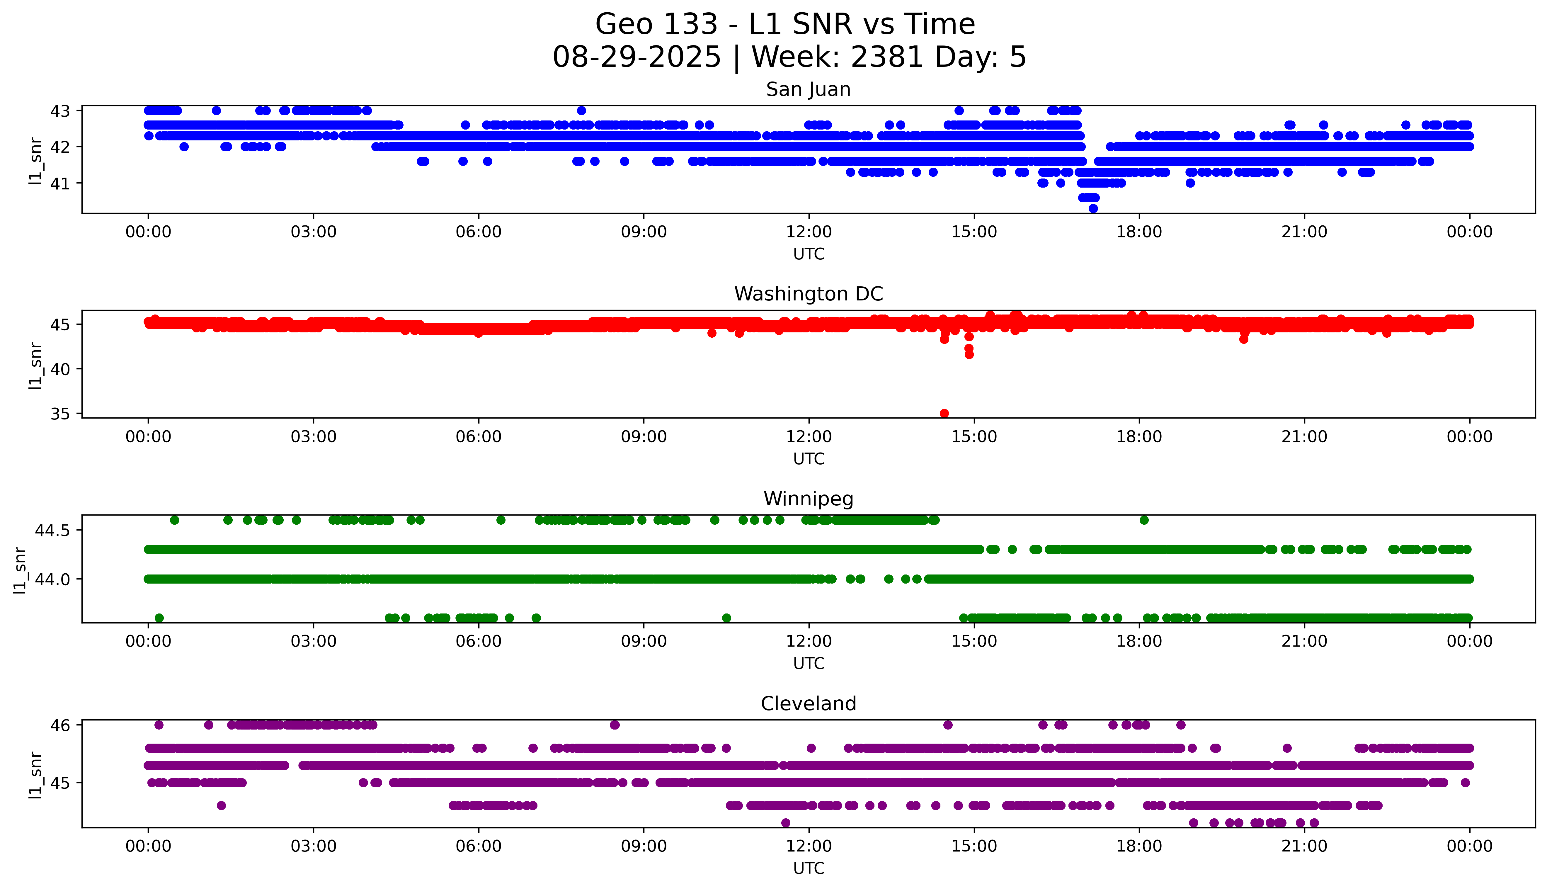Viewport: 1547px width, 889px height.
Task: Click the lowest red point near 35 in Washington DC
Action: coord(944,413)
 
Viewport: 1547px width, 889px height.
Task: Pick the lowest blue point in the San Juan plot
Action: coord(1093,209)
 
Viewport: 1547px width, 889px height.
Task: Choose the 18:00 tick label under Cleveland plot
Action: coord(1139,846)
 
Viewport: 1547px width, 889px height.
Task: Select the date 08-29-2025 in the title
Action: coord(637,57)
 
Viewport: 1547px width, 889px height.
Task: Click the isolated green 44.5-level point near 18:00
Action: coord(1144,520)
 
